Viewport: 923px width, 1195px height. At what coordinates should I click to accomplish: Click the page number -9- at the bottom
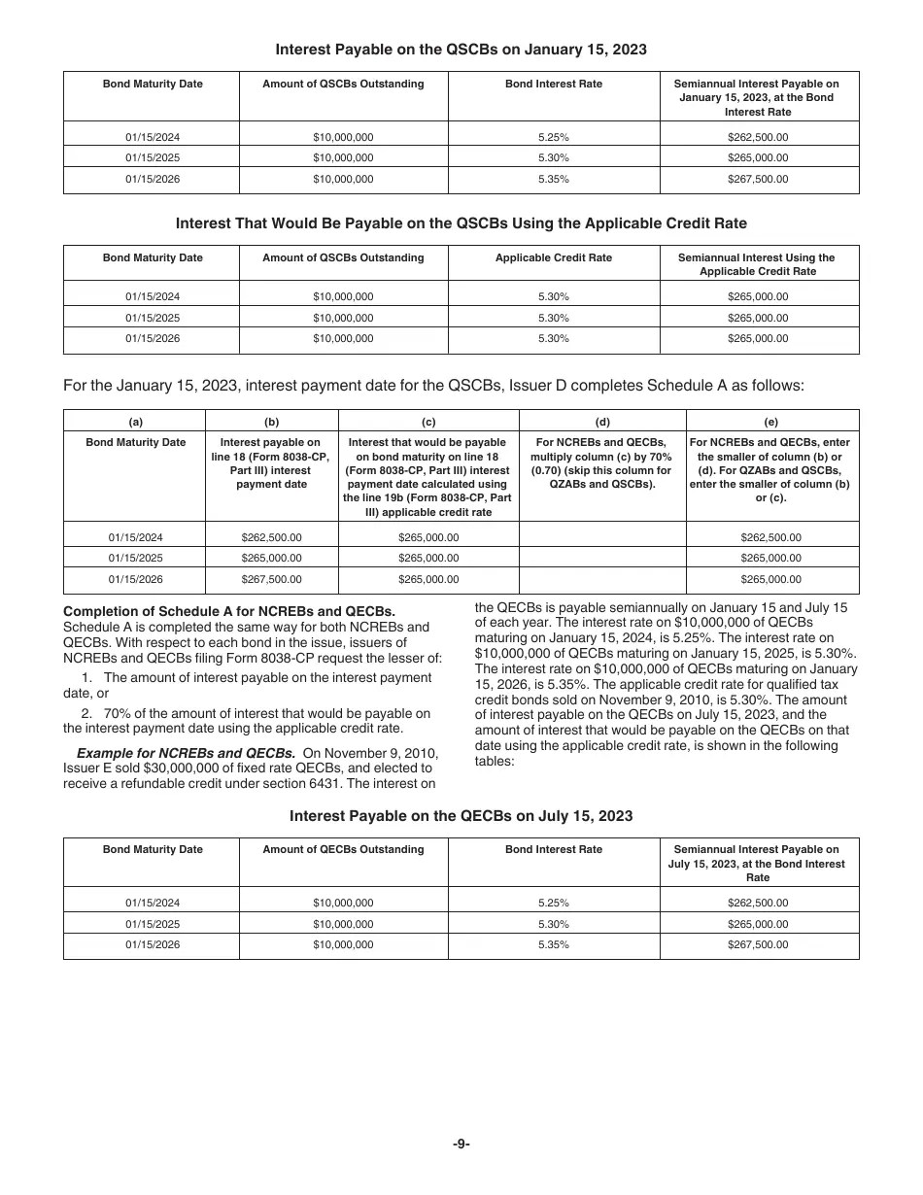coord(461,1144)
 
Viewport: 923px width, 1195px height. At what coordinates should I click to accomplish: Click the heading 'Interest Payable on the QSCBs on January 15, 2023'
coord(461,49)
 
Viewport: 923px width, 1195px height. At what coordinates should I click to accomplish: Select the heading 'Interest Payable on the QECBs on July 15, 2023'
coord(461,816)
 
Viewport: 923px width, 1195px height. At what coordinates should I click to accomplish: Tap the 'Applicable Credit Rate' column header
coord(554,258)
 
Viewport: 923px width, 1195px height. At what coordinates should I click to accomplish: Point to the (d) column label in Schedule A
coord(602,422)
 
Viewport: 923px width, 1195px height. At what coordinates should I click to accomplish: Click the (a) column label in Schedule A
coord(135,422)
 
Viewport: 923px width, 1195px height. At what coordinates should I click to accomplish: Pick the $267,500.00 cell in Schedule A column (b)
coord(271,579)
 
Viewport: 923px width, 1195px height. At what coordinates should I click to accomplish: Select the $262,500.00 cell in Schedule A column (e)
coord(771,537)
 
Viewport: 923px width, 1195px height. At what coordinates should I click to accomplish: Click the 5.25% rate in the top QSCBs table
coord(554,137)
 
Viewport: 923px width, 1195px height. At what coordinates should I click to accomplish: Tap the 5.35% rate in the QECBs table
coord(554,944)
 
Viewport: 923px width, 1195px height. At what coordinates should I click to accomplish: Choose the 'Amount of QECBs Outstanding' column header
coord(343,849)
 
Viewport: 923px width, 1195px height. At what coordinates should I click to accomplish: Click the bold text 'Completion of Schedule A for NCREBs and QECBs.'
coord(229,611)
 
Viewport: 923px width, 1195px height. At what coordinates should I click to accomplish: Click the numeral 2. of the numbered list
coord(86,713)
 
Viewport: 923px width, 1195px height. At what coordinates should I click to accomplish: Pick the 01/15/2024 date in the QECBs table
coord(153,903)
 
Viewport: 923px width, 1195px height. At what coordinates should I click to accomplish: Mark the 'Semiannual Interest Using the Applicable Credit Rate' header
coord(758,264)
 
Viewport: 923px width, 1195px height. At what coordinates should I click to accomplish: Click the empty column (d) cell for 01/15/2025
coord(602,559)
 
